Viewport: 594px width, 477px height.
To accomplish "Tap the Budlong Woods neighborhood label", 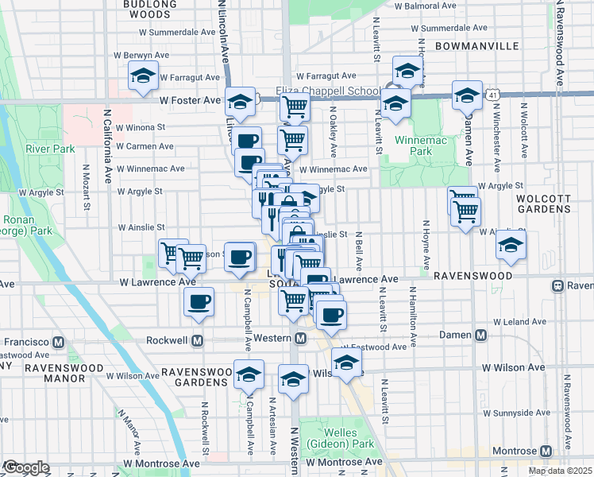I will pos(149,9).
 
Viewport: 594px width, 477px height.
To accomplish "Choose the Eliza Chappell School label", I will pos(327,91).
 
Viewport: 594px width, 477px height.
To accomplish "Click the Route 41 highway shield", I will pos(493,94).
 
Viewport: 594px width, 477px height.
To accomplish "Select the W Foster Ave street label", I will pos(190,101).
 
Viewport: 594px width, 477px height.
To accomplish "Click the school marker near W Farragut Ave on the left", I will pos(143,77).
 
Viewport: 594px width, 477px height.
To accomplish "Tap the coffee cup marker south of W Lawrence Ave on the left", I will pos(199,302).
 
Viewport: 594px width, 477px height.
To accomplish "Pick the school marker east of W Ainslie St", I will pos(511,246).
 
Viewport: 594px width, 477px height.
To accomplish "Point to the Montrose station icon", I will pos(545,451).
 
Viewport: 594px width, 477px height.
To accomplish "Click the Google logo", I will pos(26,467).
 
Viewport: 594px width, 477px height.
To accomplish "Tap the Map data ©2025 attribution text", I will pos(560,471).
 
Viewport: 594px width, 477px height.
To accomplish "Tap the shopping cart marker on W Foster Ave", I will pos(295,105).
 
